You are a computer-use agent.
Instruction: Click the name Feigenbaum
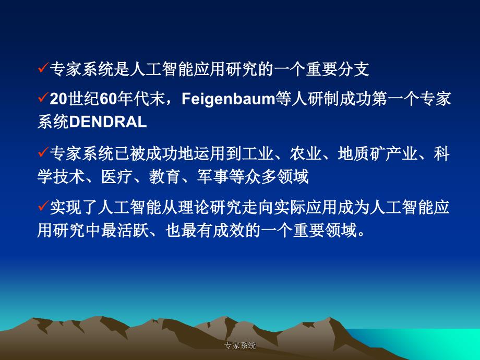click(229, 100)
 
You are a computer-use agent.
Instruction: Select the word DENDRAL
click(108, 122)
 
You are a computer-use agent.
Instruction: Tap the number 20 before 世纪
click(58, 99)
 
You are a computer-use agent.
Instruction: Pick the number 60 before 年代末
click(109, 99)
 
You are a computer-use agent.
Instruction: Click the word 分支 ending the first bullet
click(354, 69)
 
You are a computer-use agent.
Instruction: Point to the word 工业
click(257, 153)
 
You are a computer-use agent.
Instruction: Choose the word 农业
click(306, 153)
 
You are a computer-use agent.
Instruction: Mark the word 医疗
click(117, 176)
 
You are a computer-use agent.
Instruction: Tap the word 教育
click(165, 176)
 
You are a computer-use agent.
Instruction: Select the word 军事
click(213, 176)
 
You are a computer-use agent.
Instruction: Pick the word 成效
click(229, 230)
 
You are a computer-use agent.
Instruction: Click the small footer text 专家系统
click(240, 345)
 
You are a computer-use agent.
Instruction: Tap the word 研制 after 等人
click(323, 99)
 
